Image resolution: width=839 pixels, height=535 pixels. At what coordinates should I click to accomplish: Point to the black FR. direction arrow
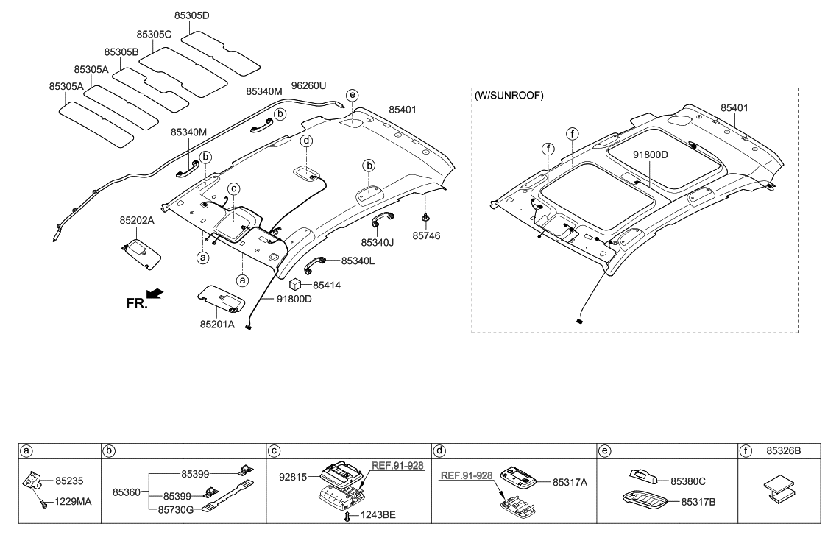click(155, 294)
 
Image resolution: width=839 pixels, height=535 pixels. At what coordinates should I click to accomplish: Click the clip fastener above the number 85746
click(426, 218)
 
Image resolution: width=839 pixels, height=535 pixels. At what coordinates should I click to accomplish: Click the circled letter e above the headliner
click(353, 96)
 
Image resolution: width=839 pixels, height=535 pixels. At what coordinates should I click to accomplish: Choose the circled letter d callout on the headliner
click(306, 140)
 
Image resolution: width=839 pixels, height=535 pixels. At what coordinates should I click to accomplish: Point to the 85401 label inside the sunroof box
click(735, 108)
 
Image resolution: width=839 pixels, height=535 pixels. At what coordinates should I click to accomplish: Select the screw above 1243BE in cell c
click(346, 516)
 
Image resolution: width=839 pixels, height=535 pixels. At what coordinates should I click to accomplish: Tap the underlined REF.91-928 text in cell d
click(466, 476)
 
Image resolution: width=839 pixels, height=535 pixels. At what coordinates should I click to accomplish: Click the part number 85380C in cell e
click(687, 481)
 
